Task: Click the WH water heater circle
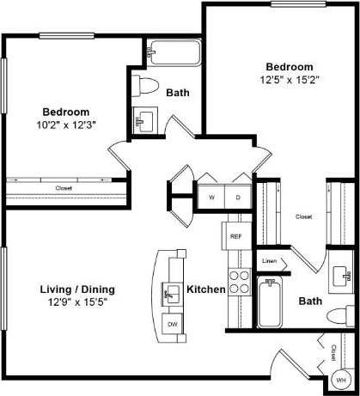click(341, 379)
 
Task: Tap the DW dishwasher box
click(173, 324)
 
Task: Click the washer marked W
click(211, 197)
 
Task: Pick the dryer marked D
click(237, 197)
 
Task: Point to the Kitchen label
click(206, 289)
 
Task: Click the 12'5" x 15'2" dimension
click(289, 79)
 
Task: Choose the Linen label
click(269, 260)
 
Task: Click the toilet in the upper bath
click(145, 86)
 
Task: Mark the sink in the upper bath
click(145, 118)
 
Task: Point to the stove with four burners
click(240, 283)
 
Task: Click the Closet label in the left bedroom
click(64, 187)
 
